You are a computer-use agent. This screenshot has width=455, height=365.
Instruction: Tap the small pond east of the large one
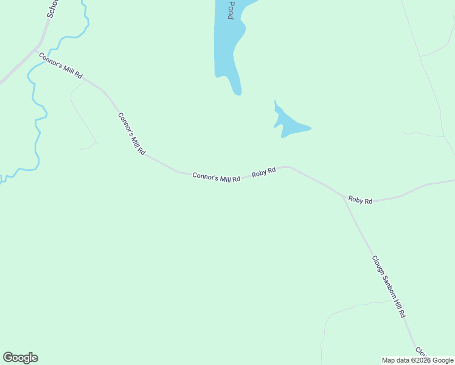(288, 124)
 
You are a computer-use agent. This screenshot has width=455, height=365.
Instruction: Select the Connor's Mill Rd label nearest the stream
(60, 65)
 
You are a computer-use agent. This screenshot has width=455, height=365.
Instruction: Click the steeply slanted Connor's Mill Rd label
(131, 133)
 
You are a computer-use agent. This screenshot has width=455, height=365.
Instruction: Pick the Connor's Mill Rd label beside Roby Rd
(216, 178)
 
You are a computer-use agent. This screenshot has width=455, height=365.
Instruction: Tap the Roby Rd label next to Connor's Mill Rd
(264, 172)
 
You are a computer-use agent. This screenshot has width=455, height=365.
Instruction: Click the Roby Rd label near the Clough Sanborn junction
(360, 200)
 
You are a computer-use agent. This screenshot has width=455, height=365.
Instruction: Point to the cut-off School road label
(52, 9)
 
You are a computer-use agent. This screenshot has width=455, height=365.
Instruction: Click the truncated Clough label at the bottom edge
(421, 352)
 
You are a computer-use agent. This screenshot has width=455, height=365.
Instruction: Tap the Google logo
(20, 358)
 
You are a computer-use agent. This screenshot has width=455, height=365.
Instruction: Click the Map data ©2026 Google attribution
(418, 360)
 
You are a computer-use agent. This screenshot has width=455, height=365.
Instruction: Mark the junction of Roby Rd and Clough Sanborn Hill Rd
(344, 196)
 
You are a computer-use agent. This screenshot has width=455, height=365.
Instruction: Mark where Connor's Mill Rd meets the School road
(40, 44)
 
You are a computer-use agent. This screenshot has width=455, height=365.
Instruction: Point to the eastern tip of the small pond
(310, 128)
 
